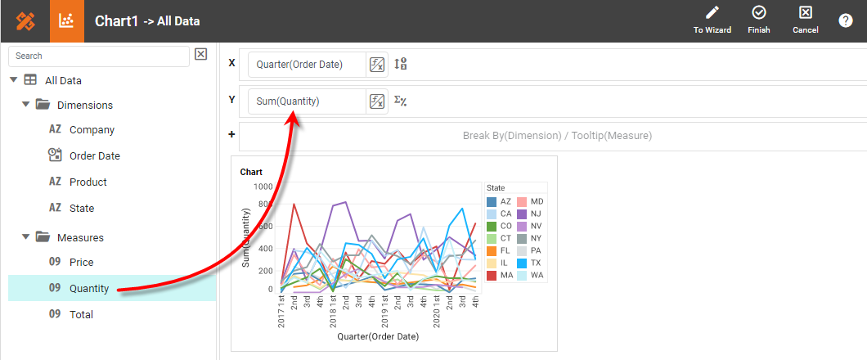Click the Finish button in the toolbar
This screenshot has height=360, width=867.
[758, 20]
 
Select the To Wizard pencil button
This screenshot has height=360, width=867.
[712, 20]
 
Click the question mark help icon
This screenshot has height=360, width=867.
[845, 20]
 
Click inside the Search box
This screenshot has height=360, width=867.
[98, 56]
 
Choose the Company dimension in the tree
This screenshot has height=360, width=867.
[92, 129]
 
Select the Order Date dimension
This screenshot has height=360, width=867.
[94, 155]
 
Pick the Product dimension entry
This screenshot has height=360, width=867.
[88, 182]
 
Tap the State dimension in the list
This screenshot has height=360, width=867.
[81, 208]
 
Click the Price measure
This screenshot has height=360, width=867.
[81, 262]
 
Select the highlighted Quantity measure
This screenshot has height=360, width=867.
[89, 288]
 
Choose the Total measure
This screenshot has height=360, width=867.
[81, 314]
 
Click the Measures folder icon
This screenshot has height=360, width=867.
[43, 237]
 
